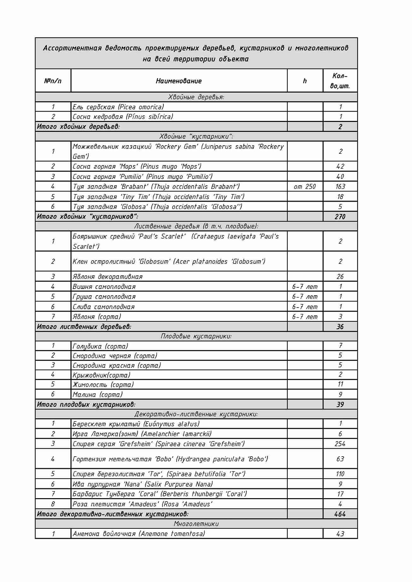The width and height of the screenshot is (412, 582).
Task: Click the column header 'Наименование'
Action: (x=179, y=81)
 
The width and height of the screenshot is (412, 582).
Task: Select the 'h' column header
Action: (x=305, y=81)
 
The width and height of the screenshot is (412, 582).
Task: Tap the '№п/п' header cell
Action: (x=53, y=81)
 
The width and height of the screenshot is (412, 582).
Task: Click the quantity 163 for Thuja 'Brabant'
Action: (x=340, y=187)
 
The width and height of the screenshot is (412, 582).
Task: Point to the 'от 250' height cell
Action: (x=305, y=187)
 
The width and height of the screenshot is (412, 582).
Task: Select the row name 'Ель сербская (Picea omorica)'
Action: (x=118, y=107)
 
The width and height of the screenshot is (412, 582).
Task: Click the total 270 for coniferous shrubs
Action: (x=340, y=216)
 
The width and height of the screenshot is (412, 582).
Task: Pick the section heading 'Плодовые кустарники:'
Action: (x=196, y=336)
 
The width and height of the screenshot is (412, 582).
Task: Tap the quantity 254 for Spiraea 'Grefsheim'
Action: (x=340, y=444)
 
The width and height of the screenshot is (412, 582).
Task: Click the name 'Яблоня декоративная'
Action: (x=108, y=277)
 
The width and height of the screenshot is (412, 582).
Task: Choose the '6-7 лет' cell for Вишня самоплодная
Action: (x=305, y=287)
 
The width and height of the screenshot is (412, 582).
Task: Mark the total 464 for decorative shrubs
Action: (x=340, y=514)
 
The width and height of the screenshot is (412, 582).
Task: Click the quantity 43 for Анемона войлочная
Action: (x=340, y=534)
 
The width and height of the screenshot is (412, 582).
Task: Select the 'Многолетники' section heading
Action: (x=196, y=524)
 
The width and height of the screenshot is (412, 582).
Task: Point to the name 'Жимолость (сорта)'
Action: (x=103, y=385)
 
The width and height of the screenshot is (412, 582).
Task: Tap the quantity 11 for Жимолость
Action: (x=340, y=384)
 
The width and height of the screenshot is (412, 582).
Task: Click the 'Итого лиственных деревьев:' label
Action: (x=84, y=326)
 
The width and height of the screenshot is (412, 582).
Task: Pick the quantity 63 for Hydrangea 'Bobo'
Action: (x=340, y=459)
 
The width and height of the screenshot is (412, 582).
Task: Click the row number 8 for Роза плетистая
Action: (x=53, y=504)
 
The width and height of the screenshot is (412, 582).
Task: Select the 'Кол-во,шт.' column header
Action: (x=340, y=81)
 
